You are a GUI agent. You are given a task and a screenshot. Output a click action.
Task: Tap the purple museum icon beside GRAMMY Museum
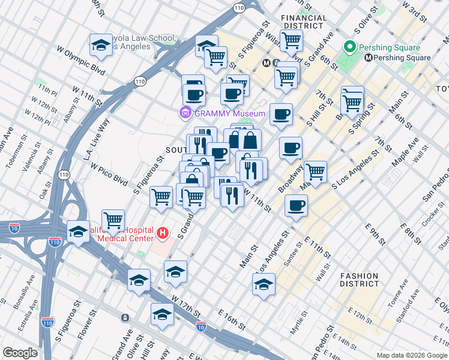pos(185,113)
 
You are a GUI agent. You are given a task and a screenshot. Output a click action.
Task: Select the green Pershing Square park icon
pos(349,47)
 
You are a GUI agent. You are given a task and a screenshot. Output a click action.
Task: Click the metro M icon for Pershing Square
pos(369,58)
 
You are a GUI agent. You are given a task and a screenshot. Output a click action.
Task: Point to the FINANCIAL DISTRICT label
pos(304,22)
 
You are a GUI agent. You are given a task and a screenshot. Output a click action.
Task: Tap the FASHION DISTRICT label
pos(360,280)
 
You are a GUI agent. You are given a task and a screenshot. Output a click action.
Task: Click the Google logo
pos(20,353)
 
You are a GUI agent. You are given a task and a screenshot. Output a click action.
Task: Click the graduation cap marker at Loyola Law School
pos(101,46)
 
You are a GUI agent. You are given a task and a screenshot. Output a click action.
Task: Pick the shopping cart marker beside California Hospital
pos(113,221)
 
